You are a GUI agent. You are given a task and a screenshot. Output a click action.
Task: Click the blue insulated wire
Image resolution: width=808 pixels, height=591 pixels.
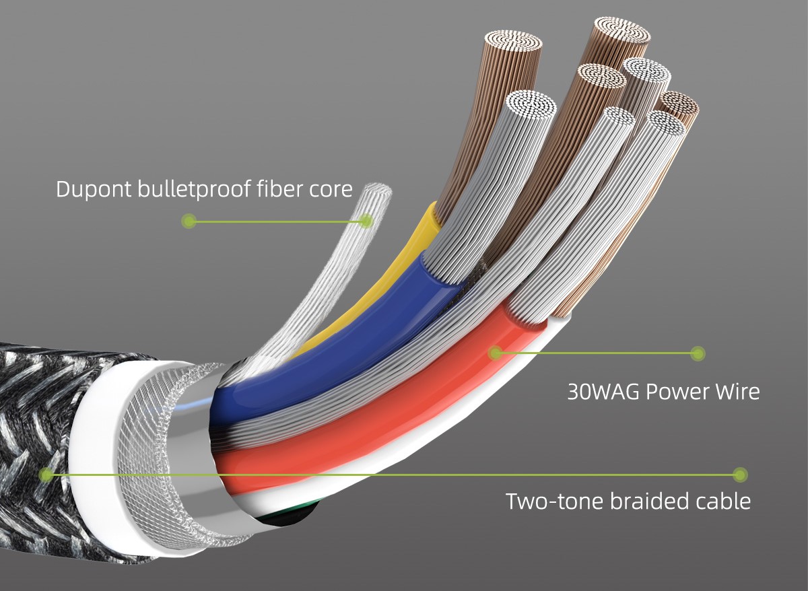(335, 346)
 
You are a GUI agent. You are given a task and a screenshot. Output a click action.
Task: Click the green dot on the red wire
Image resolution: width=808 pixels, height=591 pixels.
(496, 353)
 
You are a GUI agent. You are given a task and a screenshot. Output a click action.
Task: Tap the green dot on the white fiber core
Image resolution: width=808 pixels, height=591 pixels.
(366, 220)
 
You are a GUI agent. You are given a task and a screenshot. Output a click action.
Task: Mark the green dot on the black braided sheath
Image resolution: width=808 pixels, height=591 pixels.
(46, 475)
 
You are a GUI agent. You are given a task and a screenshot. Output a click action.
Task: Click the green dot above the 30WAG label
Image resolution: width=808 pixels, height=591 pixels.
(698, 353)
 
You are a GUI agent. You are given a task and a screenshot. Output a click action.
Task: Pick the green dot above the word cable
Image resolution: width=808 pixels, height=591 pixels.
(740, 475)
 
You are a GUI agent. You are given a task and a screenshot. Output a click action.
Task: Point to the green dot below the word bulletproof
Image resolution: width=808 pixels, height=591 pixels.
(189, 220)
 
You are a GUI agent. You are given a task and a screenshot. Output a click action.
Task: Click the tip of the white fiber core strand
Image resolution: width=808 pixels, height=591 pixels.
(378, 189)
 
